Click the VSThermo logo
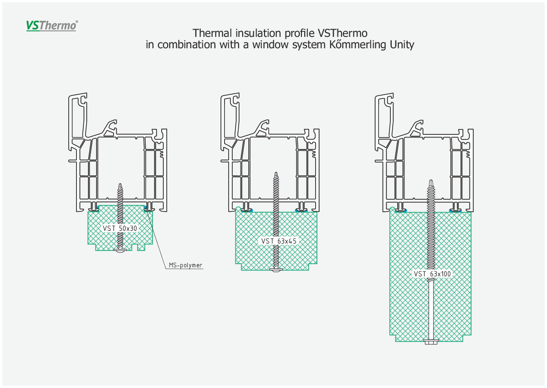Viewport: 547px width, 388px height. coord(52,26)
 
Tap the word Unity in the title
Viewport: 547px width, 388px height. coord(402,45)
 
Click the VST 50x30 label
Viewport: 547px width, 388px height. coord(120,228)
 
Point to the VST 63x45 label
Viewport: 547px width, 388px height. coord(279,241)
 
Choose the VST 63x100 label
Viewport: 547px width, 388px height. coord(432,274)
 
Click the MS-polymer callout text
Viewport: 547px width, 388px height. coord(185,265)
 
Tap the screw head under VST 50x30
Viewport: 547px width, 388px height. coord(120,250)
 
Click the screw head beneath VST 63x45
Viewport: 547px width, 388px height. coord(276,270)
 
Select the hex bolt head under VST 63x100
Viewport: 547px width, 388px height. coord(431,342)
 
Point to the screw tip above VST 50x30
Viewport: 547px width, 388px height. coord(120,184)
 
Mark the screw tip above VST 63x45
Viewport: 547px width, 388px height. coord(276,173)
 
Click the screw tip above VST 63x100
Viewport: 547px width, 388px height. coord(431,180)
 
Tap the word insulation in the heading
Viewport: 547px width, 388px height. coord(259,33)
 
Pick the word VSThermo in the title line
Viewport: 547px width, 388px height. coord(343,33)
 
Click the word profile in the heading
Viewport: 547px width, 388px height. coord(300,33)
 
